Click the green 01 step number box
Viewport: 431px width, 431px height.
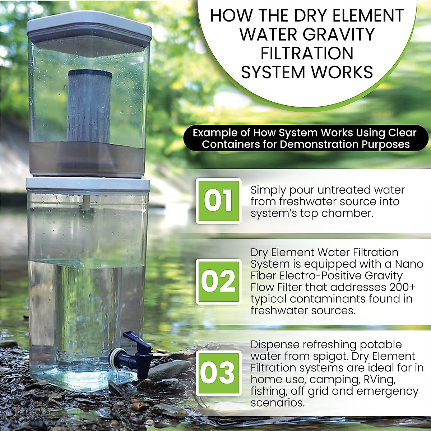pos(218,201)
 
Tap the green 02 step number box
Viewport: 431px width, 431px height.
pos(218,282)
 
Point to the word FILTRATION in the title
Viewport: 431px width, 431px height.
pos(307,53)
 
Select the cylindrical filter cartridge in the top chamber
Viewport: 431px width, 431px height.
pos(89,106)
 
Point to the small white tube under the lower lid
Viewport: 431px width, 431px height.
pos(86,203)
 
